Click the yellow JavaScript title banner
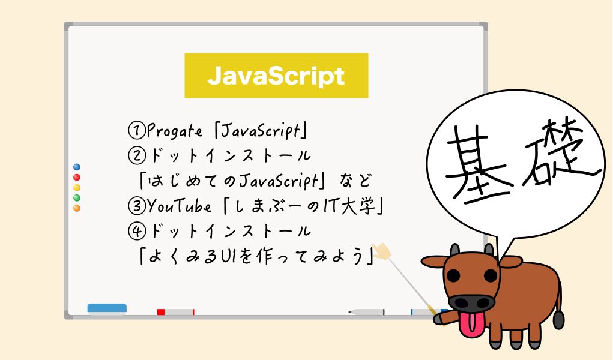point(276,76)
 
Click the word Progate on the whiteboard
point(175,131)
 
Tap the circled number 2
point(137,155)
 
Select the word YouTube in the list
point(179,206)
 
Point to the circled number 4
point(137,231)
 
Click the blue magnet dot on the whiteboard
point(77,167)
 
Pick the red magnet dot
point(77,178)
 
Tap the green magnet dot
point(77,198)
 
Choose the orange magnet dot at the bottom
point(77,208)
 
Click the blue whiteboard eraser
point(107,308)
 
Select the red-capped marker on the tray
point(175,312)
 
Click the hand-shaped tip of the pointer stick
point(381,251)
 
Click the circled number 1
point(137,130)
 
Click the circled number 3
point(137,206)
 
